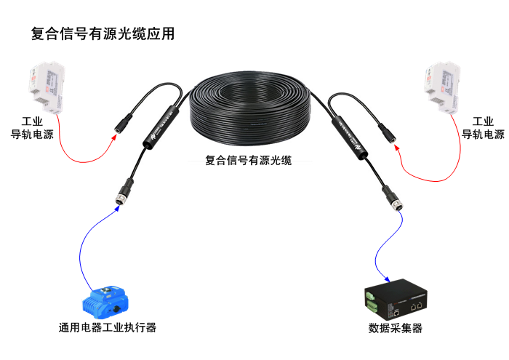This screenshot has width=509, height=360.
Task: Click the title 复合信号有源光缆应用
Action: (103, 33)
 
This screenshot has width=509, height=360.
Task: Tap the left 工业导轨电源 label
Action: (32, 128)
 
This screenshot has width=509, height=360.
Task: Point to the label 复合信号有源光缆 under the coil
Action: (249, 161)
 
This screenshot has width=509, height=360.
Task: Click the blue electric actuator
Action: (106, 300)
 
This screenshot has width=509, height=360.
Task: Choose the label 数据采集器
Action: (396, 328)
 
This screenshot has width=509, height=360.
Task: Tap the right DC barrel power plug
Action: (388, 132)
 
